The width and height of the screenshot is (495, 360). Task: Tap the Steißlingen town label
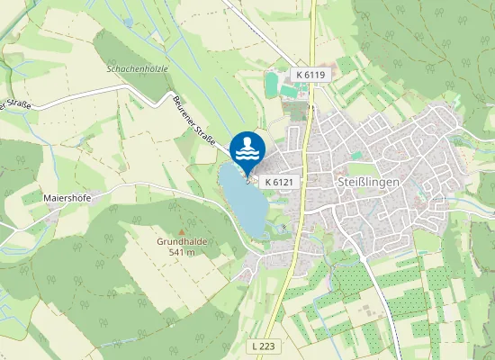pyautogui.click(x=365, y=182)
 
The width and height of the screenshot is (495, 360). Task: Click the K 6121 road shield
pyautogui.click(x=279, y=182)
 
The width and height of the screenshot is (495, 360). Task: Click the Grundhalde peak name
pyautogui.click(x=182, y=241)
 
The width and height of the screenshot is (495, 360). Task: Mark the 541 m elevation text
pyautogui.click(x=182, y=252)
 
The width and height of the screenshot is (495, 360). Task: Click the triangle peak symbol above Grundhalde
pyautogui.click(x=182, y=230)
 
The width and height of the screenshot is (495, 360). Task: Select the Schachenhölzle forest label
pyautogui.click(x=137, y=68)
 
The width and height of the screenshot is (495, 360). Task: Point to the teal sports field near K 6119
pyautogui.click(x=272, y=85)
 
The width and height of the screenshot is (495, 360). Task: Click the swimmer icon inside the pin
pyautogui.click(x=247, y=142)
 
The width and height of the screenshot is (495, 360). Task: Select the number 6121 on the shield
pyautogui.click(x=283, y=182)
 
